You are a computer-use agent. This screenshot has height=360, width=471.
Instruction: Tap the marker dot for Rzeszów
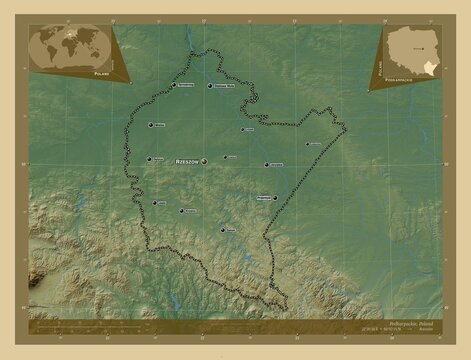click(x=205, y=160)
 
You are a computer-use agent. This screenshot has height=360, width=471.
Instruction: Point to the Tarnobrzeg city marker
click(x=174, y=85)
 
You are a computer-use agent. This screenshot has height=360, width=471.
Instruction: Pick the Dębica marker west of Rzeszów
click(x=149, y=158)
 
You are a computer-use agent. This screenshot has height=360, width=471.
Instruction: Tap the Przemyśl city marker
click(x=275, y=198)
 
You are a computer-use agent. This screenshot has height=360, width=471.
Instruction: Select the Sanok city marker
click(x=222, y=229)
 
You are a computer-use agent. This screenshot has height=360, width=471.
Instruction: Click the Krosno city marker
click(x=182, y=210)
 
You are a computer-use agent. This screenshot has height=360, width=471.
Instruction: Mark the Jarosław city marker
click(x=267, y=164)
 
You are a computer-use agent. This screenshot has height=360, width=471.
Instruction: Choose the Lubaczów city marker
click(x=307, y=144)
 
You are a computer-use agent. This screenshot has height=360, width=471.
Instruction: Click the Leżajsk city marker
click(x=241, y=129)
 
